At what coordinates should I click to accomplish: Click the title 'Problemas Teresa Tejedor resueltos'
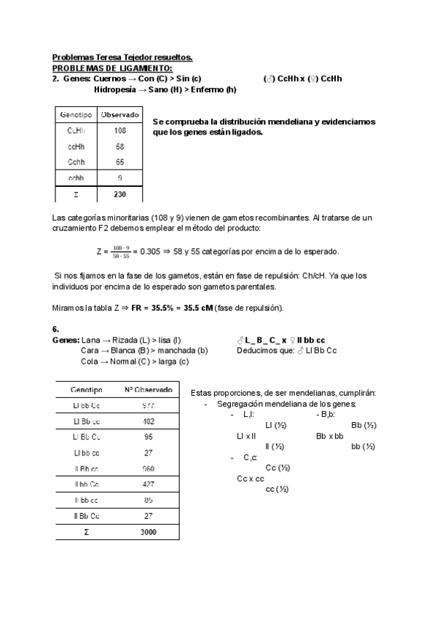pyautogui.click(x=122, y=57)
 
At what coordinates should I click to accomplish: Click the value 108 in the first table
pyautogui.click(x=120, y=131)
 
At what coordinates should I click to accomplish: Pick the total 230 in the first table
pyautogui.click(x=120, y=194)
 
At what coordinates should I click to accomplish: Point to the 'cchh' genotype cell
pyautogui.click(x=76, y=178)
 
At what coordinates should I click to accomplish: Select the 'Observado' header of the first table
pyautogui.click(x=120, y=114)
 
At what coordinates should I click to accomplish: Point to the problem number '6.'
pyautogui.click(x=56, y=329)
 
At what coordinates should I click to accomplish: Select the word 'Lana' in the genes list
pyautogui.click(x=90, y=340)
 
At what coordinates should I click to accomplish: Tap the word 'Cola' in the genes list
pyautogui.click(x=89, y=362)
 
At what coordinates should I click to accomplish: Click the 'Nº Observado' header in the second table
pyautogui.click(x=148, y=389)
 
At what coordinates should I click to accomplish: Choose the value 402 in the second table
pyautogui.click(x=148, y=421)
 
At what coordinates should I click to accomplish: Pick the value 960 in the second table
pyautogui.click(x=148, y=469)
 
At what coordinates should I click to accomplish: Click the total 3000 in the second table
pyautogui.click(x=148, y=532)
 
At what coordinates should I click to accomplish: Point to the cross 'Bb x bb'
pyautogui.click(x=329, y=436)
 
